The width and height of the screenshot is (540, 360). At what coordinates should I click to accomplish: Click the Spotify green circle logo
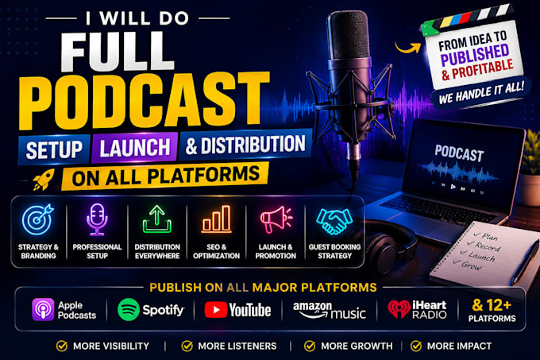pyautogui.click(x=129, y=309)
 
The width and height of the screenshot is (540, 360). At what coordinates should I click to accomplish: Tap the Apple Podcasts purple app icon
pyautogui.click(x=43, y=310)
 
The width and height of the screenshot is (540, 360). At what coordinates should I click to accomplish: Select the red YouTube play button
pyautogui.click(x=216, y=310)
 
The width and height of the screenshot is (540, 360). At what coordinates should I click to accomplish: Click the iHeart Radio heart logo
pyautogui.click(x=399, y=309)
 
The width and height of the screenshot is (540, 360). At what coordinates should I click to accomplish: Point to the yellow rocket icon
pyautogui.click(x=44, y=179)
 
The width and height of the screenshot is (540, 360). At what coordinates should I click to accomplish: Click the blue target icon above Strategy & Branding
pyautogui.click(x=38, y=219)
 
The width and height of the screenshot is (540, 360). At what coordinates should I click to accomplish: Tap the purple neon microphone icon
pyautogui.click(x=97, y=219)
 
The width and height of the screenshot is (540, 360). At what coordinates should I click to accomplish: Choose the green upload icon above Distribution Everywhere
pyautogui.click(x=157, y=219)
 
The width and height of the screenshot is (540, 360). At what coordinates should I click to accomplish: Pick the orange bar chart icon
pyautogui.click(x=216, y=219)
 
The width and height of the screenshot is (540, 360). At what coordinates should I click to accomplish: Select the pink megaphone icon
pyautogui.click(x=276, y=219)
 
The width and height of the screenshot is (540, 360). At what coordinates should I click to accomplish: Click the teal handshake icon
pyautogui.click(x=334, y=221)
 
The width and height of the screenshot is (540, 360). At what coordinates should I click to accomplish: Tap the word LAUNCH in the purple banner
pyautogui.click(x=135, y=148)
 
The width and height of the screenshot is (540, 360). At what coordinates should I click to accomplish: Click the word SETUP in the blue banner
pyautogui.click(x=55, y=149)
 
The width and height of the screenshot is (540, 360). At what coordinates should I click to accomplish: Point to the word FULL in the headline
pyautogui.click(x=118, y=52)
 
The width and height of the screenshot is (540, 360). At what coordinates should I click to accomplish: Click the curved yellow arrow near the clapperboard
pyautogui.click(x=407, y=47)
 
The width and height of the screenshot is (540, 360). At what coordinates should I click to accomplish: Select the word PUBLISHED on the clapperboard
pyautogui.click(x=475, y=56)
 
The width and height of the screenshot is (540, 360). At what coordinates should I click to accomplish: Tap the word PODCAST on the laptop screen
pyautogui.click(x=459, y=153)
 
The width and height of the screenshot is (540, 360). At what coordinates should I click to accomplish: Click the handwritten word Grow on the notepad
pyautogui.click(x=471, y=265)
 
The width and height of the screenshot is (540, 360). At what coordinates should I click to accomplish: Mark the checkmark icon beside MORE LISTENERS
pyautogui.click(x=187, y=346)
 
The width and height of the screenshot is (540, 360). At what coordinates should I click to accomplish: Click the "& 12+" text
pyautogui.click(x=492, y=305)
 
